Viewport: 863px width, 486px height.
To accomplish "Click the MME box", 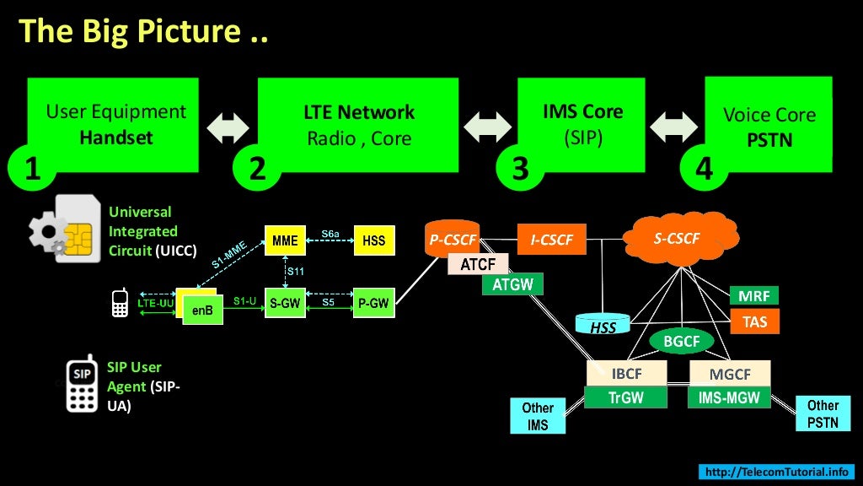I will click(x=285, y=240).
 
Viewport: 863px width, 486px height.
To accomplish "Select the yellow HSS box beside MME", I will click(x=373, y=240).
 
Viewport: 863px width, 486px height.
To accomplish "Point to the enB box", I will click(x=202, y=310).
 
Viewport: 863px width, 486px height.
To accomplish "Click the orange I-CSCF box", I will click(x=552, y=240).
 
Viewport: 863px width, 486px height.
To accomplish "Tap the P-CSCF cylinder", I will click(x=453, y=240).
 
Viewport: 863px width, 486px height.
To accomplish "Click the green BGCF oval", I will click(x=682, y=341).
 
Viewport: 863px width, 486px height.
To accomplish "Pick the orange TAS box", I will click(x=754, y=321).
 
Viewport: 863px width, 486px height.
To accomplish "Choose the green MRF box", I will click(x=753, y=296).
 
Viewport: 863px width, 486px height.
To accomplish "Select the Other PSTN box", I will click(x=823, y=413).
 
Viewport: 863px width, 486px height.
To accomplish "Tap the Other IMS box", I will click(x=538, y=416).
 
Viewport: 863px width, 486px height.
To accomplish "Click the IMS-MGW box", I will click(x=729, y=397).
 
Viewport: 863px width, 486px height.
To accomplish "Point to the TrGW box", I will click(x=626, y=397).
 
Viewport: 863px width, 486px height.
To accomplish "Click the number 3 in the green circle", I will click(x=521, y=169).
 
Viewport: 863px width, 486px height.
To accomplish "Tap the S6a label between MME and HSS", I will click(x=330, y=234).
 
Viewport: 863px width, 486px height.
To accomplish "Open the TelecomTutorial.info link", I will click(x=776, y=472).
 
